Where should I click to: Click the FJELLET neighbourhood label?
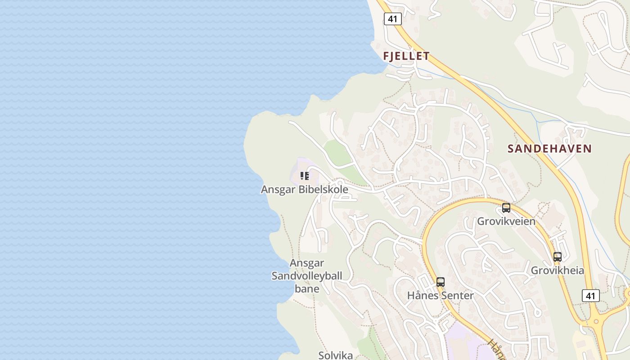[x=406, y=56]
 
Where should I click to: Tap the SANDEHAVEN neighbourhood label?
[x=549, y=148]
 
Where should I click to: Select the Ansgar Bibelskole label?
[x=304, y=189]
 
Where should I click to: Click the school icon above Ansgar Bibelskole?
[x=305, y=176]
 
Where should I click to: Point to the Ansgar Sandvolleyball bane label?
[x=307, y=276]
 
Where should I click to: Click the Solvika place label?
[x=336, y=355]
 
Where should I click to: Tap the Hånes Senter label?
[x=440, y=296]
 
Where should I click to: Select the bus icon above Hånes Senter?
[x=441, y=282]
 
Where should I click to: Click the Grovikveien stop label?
[x=506, y=221]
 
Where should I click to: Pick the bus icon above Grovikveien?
[x=506, y=208]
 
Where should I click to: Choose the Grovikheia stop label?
[x=557, y=270]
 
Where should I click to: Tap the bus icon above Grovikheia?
[x=558, y=257]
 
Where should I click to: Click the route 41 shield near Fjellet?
[x=392, y=19]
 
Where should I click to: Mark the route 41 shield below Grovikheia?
[x=590, y=296]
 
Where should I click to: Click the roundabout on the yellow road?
[x=597, y=322]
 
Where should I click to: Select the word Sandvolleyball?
[x=307, y=276]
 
